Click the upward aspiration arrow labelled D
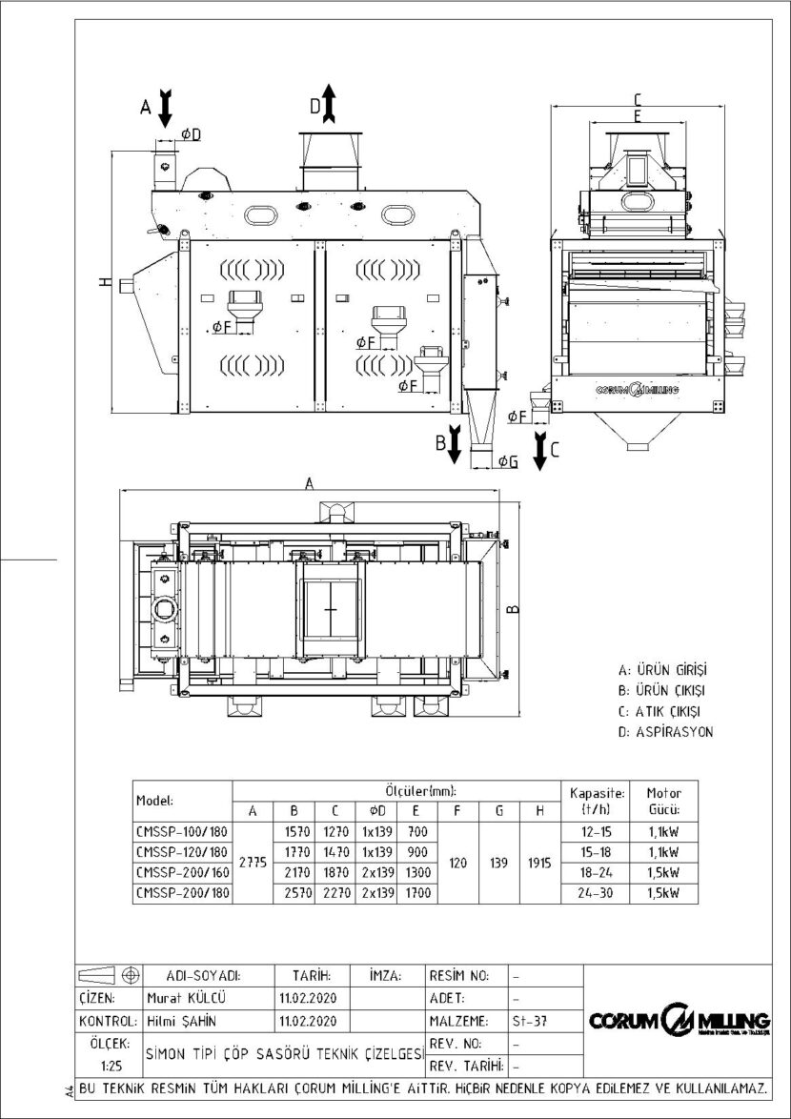328,102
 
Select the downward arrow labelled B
456,444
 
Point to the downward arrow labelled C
539,448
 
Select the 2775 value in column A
253,861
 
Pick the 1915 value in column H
539,861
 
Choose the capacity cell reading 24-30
597,892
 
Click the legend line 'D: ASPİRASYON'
665,732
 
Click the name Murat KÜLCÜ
181,1000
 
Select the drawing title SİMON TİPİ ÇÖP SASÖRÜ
284,1054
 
